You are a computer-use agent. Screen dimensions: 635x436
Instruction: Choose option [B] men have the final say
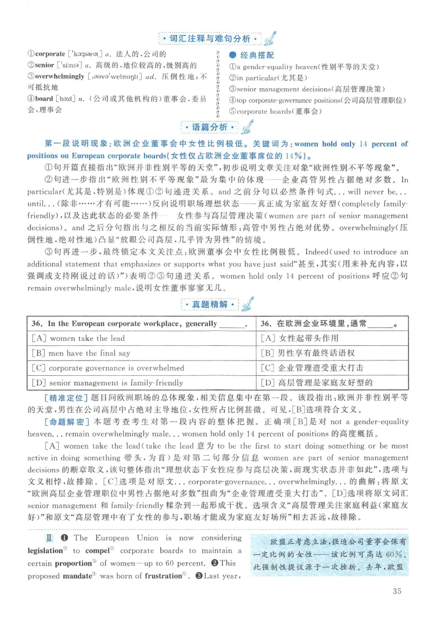81,353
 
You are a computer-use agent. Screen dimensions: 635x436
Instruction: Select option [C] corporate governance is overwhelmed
108,368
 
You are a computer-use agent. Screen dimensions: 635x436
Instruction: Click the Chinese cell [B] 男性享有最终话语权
308,353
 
